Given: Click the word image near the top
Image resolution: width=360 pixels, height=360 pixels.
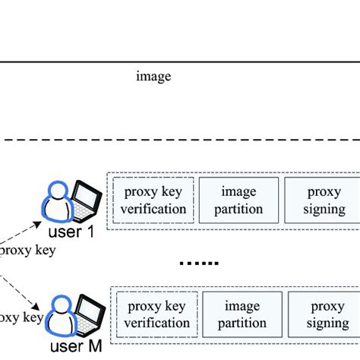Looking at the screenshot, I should (153, 76).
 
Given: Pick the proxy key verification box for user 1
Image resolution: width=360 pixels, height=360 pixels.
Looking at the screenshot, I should (154, 200).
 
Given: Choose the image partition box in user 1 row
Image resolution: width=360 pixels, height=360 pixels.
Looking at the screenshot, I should (239, 200).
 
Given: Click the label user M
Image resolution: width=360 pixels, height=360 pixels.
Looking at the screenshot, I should (76, 348).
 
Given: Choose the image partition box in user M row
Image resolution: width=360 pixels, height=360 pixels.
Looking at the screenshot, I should (241, 314).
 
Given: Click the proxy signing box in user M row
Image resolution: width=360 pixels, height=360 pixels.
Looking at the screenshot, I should (325, 314).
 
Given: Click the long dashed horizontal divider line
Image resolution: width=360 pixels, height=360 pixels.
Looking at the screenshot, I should (180, 140).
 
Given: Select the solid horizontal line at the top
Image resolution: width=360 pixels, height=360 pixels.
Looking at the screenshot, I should (180, 62).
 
